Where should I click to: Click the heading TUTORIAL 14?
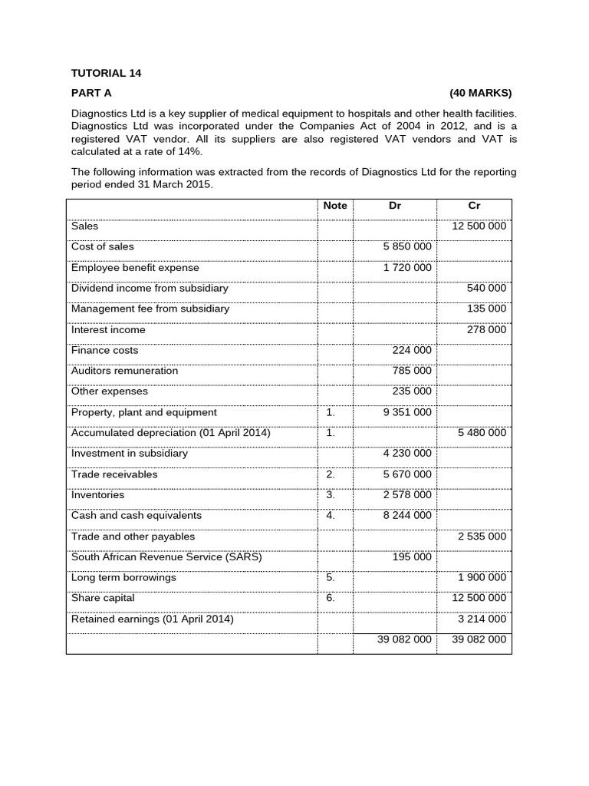click(x=107, y=73)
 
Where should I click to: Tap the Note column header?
click(x=335, y=206)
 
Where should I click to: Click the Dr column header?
click(x=395, y=206)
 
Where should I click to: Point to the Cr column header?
click(x=474, y=206)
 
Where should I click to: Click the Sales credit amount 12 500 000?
click(x=479, y=226)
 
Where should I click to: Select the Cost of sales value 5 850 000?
click(x=406, y=247)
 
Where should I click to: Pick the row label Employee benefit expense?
click(x=135, y=268)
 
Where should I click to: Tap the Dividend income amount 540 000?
click(x=486, y=289)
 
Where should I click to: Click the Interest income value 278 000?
click(x=486, y=330)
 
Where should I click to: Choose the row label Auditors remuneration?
click(x=124, y=371)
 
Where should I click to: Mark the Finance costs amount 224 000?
click(x=412, y=350)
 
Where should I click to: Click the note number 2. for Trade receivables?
click(x=331, y=474)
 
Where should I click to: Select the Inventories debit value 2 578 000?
click(x=406, y=495)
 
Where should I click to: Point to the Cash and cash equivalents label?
click(x=137, y=516)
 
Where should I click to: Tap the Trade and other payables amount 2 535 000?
click(x=482, y=537)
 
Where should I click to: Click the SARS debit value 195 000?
click(x=412, y=557)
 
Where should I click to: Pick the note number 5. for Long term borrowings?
click(x=331, y=577)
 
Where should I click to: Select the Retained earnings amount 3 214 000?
click(x=482, y=619)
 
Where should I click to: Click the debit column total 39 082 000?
click(x=404, y=639)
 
